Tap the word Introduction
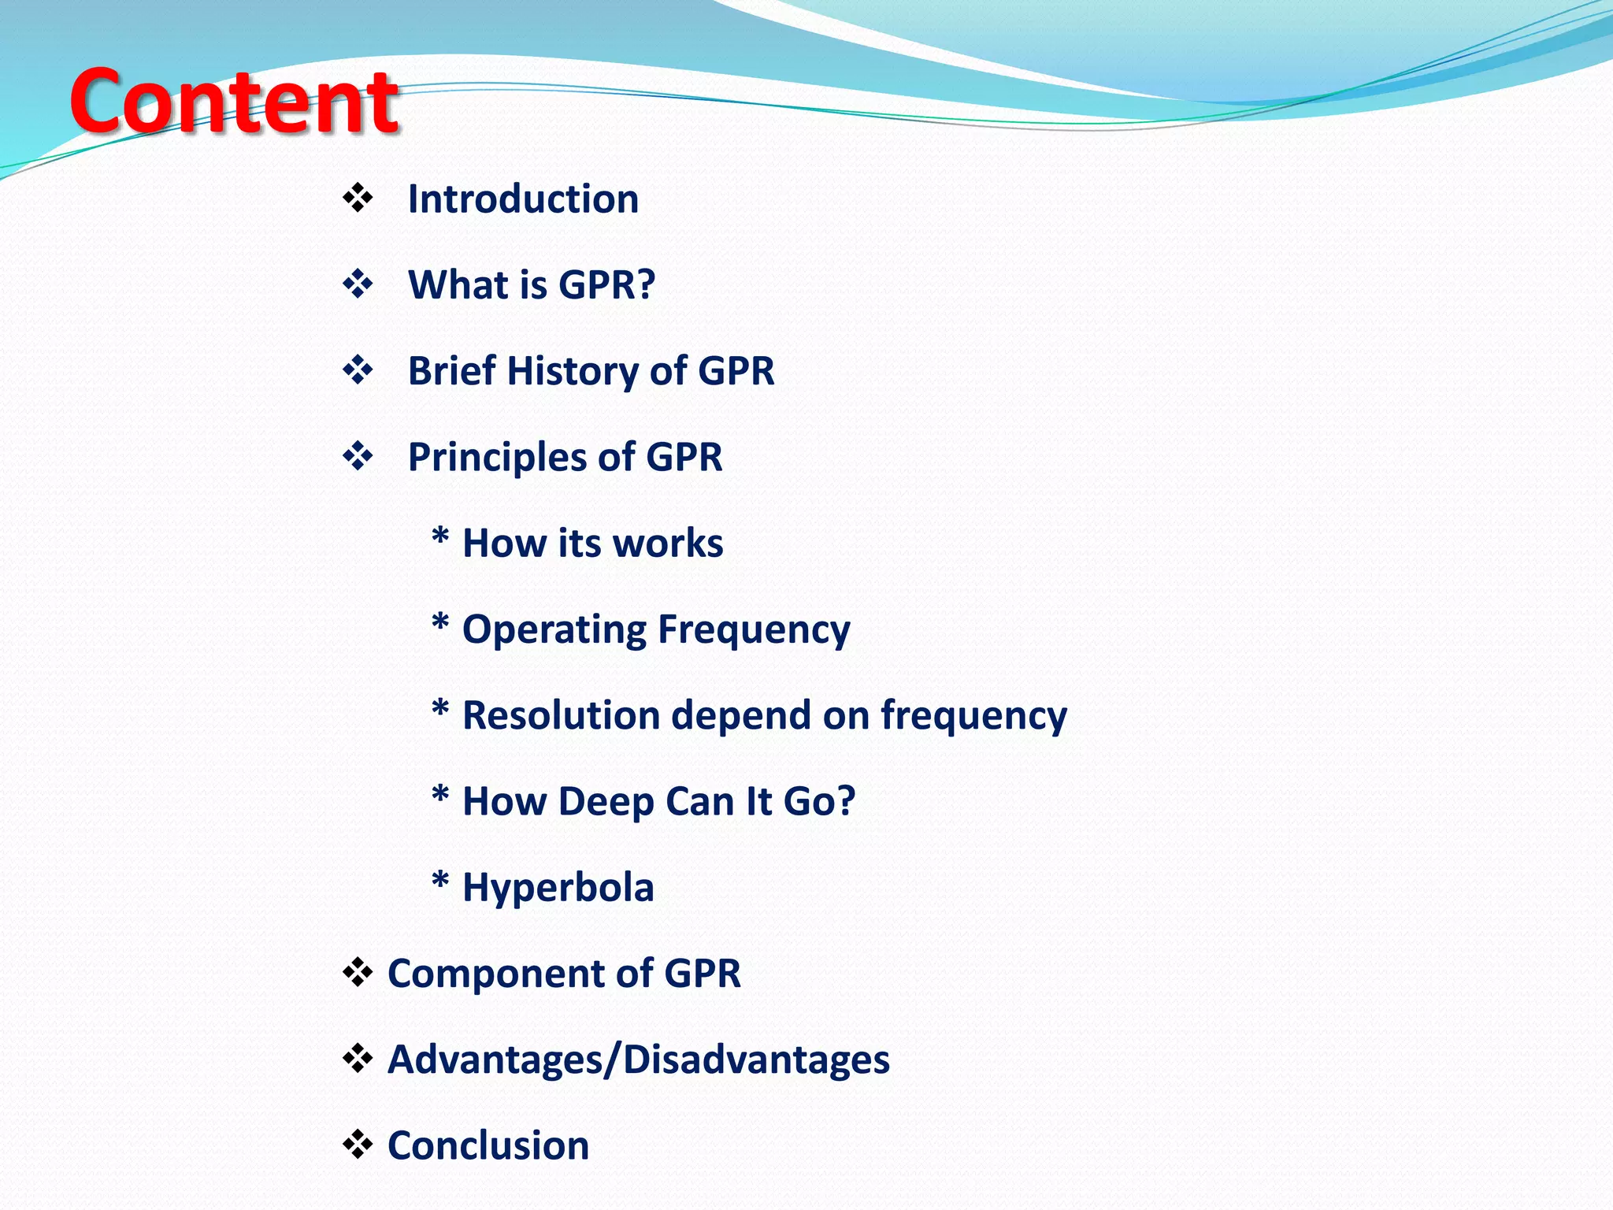523,199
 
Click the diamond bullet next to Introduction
358,198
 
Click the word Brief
451,370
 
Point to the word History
573,370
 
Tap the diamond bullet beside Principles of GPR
358,456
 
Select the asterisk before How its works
440,540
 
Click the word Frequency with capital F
754,630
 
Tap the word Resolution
572,715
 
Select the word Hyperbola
558,889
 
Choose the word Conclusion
488,1145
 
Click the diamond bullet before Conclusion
358,1145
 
